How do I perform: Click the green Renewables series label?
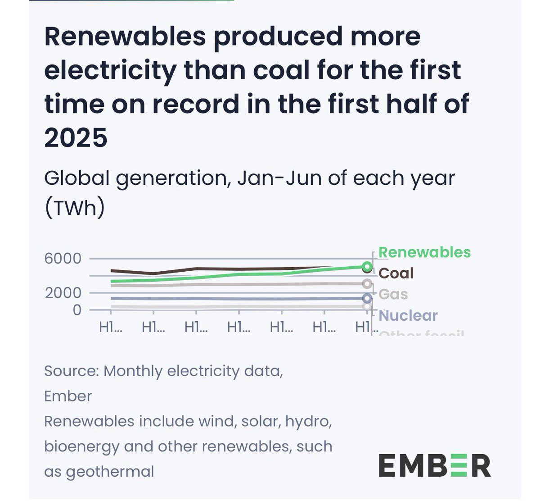click(x=424, y=252)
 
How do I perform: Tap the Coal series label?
click(x=396, y=273)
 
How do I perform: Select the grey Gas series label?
click(x=393, y=295)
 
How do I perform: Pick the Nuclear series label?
click(x=408, y=315)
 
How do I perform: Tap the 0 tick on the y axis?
click(x=77, y=310)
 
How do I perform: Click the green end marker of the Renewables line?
click(x=367, y=267)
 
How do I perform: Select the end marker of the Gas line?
click(x=367, y=283)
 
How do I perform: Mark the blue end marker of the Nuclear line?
click(x=367, y=298)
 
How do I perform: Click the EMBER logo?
click(x=434, y=465)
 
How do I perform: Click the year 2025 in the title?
click(x=76, y=137)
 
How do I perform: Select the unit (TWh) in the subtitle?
click(x=74, y=208)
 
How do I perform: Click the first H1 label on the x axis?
click(x=110, y=327)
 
